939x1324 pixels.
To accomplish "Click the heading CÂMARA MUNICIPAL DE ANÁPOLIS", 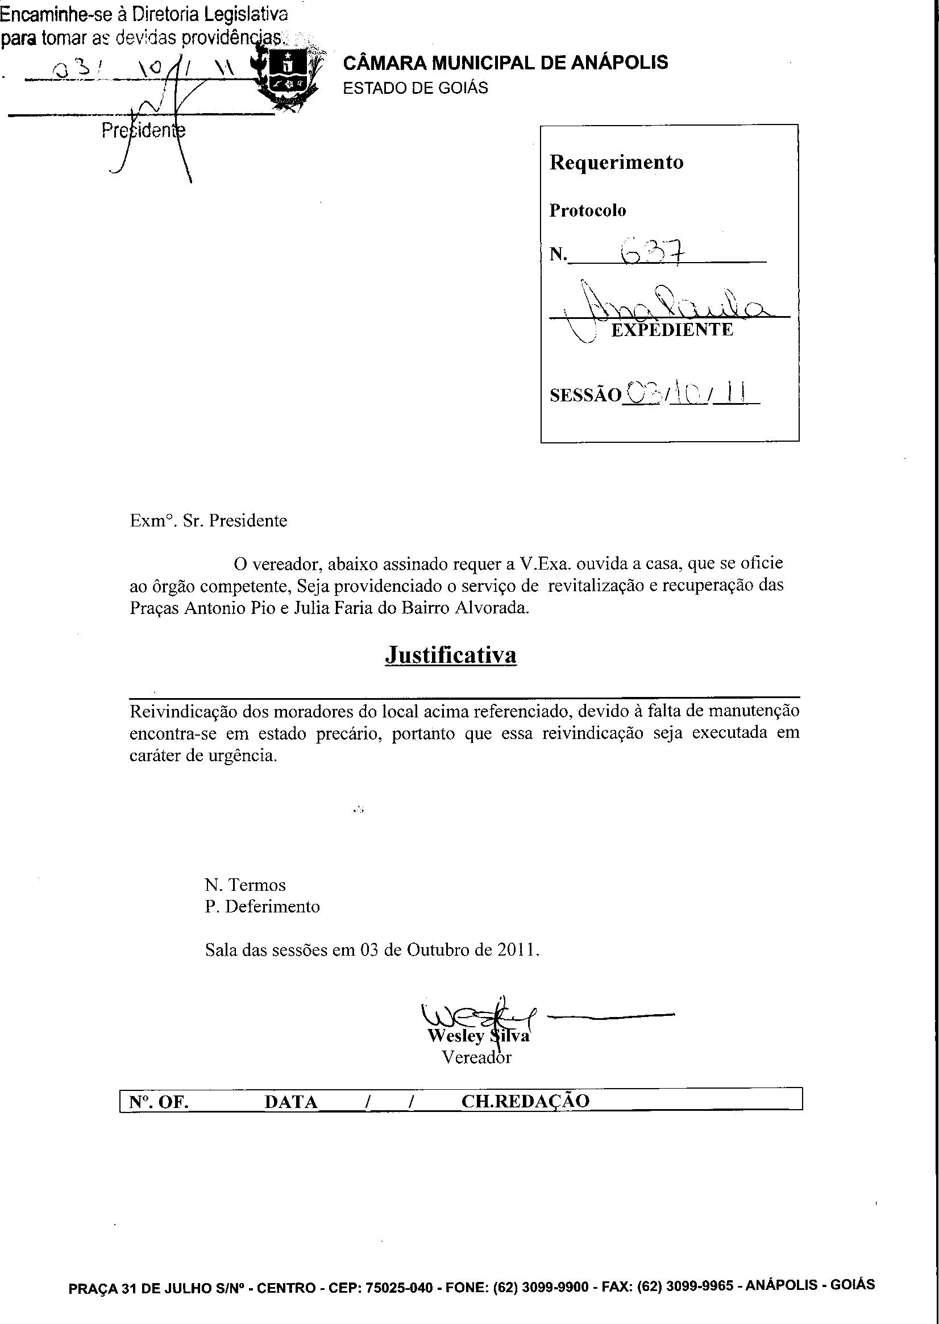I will point(505,63).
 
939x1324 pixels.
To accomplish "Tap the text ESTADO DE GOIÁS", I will point(415,88).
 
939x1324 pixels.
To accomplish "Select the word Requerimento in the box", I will point(616,162).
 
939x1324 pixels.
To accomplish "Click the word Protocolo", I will point(588,210).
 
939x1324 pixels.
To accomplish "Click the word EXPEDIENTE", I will point(672,330).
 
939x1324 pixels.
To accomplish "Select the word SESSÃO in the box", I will point(585,396).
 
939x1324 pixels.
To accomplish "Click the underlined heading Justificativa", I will point(450,654).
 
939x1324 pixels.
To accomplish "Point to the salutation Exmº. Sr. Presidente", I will point(208,521).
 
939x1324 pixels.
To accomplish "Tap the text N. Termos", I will point(245,885).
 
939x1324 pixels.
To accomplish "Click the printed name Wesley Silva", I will point(478,1036).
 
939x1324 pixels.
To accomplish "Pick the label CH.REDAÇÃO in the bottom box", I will point(525,1101).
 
